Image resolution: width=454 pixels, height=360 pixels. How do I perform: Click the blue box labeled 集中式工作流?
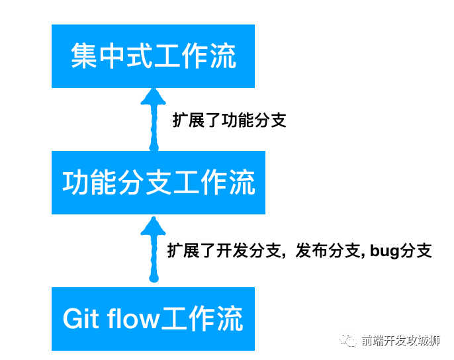[153, 56]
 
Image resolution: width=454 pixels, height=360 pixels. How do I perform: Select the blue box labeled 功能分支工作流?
[158, 182]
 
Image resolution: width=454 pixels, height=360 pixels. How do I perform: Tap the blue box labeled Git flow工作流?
[153, 318]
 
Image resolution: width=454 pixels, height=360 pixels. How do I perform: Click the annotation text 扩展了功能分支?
[229, 121]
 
